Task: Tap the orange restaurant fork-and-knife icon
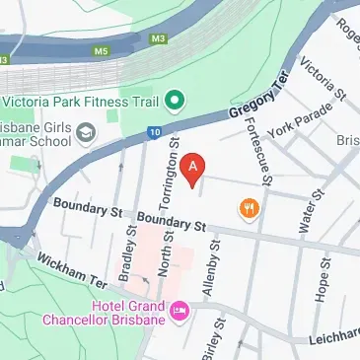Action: point(247,207)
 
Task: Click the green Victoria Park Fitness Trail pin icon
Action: point(174,100)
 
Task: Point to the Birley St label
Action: point(219,338)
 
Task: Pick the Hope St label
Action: point(321,280)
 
